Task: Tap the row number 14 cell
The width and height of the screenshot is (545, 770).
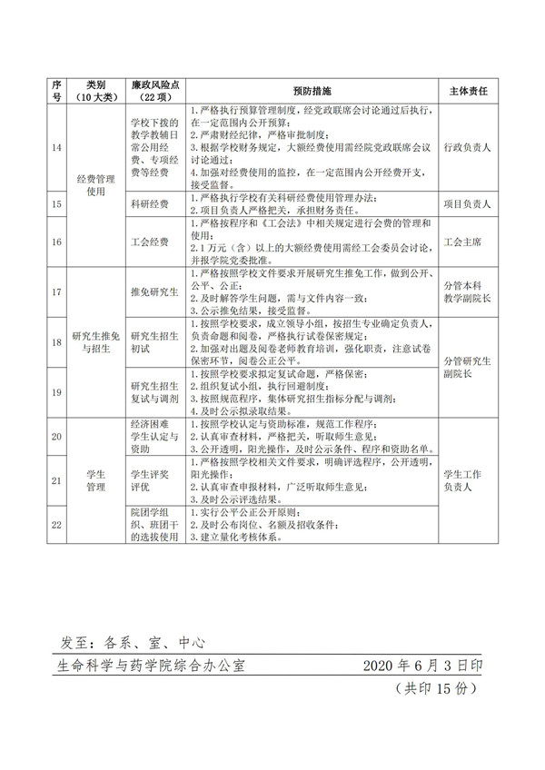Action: (56, 146)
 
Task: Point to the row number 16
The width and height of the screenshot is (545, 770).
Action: (56, 242)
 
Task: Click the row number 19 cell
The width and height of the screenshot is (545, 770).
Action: (56, 392)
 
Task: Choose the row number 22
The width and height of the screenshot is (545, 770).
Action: (56, 525)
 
